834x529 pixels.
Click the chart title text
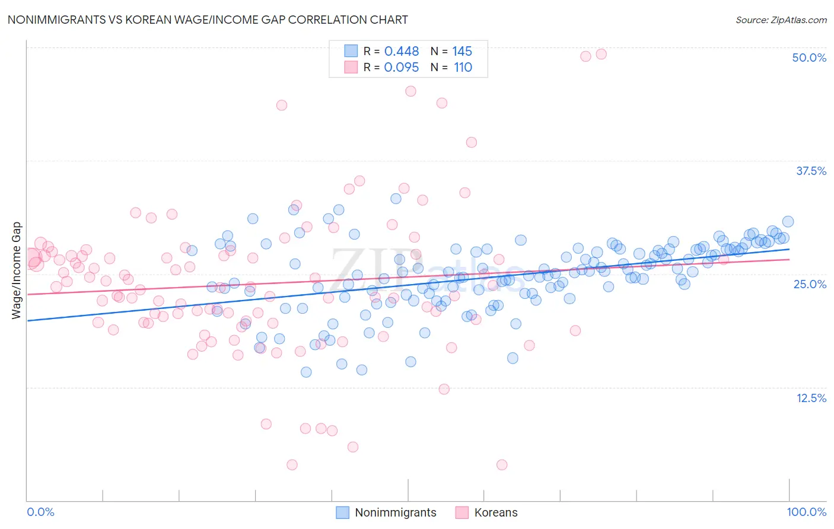[208, 20]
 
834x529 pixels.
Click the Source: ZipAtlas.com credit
[781, 20]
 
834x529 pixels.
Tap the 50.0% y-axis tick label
[809, 58]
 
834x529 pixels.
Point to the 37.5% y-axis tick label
[811, 171]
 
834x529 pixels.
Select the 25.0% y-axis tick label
[810, 284]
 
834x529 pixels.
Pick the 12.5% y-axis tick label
[811, 398]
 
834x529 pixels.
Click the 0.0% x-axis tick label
[40, 512]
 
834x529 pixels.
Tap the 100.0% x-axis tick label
[806, 512]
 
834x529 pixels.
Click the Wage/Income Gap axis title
[17, 270]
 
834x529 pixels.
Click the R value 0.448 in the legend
[402, 51]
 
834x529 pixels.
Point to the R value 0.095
[402, 67]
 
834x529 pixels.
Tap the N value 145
[463, 51]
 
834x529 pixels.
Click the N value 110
[463, 67]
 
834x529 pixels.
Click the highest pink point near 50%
[601, 54]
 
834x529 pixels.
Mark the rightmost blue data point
[788, 221]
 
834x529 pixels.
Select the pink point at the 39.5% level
[472, 142]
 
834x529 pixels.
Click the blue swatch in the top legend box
[351, 51]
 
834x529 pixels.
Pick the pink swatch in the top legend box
[351, 67]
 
